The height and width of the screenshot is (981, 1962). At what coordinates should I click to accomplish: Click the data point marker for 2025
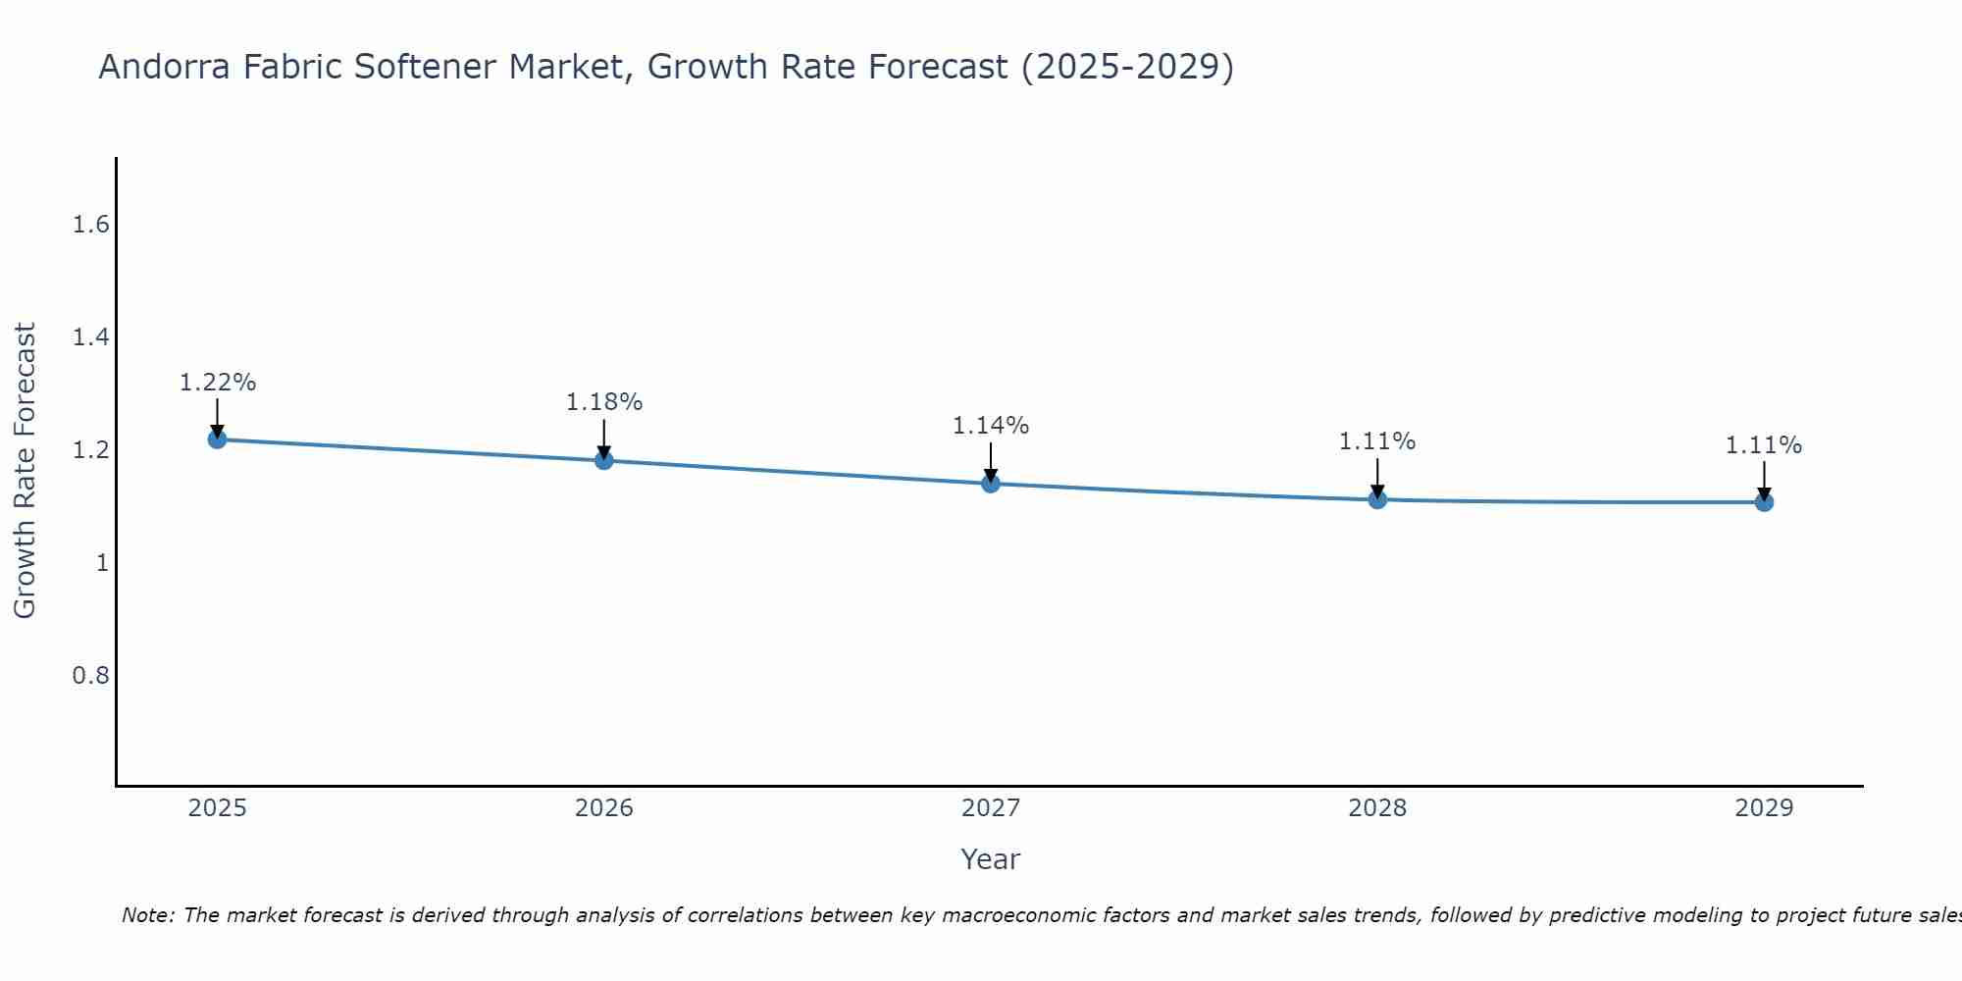217,439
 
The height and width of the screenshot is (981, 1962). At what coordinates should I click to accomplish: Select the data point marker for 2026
604,460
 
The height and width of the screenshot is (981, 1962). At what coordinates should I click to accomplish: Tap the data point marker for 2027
991,484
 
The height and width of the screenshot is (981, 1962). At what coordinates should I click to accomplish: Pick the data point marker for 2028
1377,499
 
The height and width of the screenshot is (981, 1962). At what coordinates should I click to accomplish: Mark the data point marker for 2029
1764,502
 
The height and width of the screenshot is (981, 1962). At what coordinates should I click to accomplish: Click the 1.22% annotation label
217,383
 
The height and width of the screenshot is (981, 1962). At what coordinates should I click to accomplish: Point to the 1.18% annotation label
604,402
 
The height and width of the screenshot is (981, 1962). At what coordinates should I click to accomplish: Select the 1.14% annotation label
991,426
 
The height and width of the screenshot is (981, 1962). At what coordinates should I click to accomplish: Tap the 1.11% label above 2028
1377,441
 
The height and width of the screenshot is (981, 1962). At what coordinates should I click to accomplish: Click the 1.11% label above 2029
1764,445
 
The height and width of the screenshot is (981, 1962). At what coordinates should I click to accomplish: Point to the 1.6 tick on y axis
90,226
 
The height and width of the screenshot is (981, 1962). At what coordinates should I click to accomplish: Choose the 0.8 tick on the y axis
90,676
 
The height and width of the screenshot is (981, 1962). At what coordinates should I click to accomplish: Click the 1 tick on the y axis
102,563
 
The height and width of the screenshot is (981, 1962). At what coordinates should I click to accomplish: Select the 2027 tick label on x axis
991,808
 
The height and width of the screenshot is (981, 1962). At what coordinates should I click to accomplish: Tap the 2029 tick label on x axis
1764,808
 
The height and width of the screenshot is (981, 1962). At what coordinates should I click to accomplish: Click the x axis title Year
991,859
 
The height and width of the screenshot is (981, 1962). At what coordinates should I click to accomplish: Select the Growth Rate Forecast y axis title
25,471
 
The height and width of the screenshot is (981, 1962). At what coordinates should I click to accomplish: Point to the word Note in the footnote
146,915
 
